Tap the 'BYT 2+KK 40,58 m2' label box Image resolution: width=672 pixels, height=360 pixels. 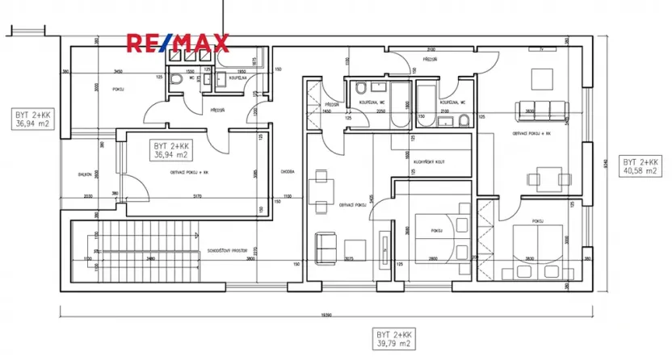click(x=640, y=167)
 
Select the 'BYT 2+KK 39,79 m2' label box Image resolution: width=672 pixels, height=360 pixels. click(x=394, y=339)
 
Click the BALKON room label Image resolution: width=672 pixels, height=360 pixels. click(x=84, y=174)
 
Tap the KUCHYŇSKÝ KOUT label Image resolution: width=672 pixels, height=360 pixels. click(x=428, y=161)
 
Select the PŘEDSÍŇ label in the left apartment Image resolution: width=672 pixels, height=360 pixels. click(x=194, y=111)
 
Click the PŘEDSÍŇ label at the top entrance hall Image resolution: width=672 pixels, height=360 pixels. click(x=429, y=59)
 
